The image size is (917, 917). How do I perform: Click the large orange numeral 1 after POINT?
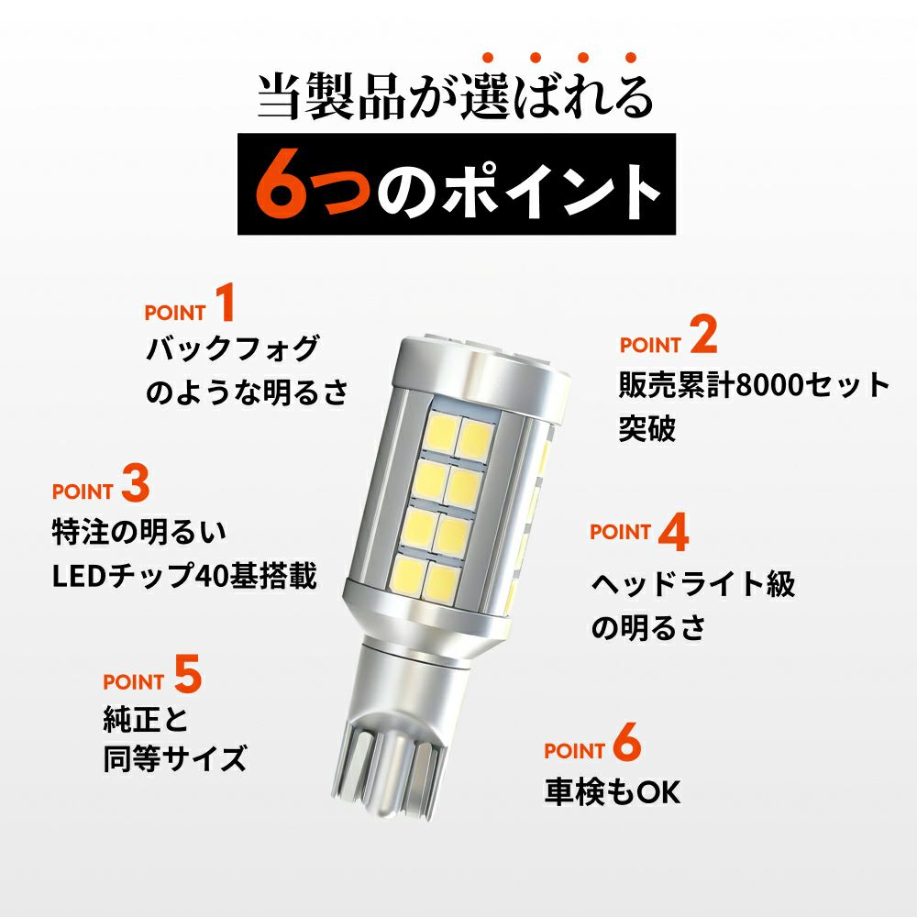point(226,303)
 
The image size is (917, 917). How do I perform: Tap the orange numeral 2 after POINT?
point(703,335)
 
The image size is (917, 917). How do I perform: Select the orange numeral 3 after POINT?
point(136,482)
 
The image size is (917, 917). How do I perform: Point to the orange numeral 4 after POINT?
point(674,532)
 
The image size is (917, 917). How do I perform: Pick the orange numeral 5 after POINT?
point(188,674)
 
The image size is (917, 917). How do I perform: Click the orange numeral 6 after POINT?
point(627,742)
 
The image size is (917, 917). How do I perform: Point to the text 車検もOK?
point(613,792)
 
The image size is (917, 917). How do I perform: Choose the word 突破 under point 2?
point(647,428)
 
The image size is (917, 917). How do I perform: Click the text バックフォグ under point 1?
point(233,348)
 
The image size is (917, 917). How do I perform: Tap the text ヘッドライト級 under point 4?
point(693,583)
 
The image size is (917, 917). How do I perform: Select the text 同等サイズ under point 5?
point(175,758)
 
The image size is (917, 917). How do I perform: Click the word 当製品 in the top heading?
point(332,96)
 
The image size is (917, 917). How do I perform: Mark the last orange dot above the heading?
point(631,57)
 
